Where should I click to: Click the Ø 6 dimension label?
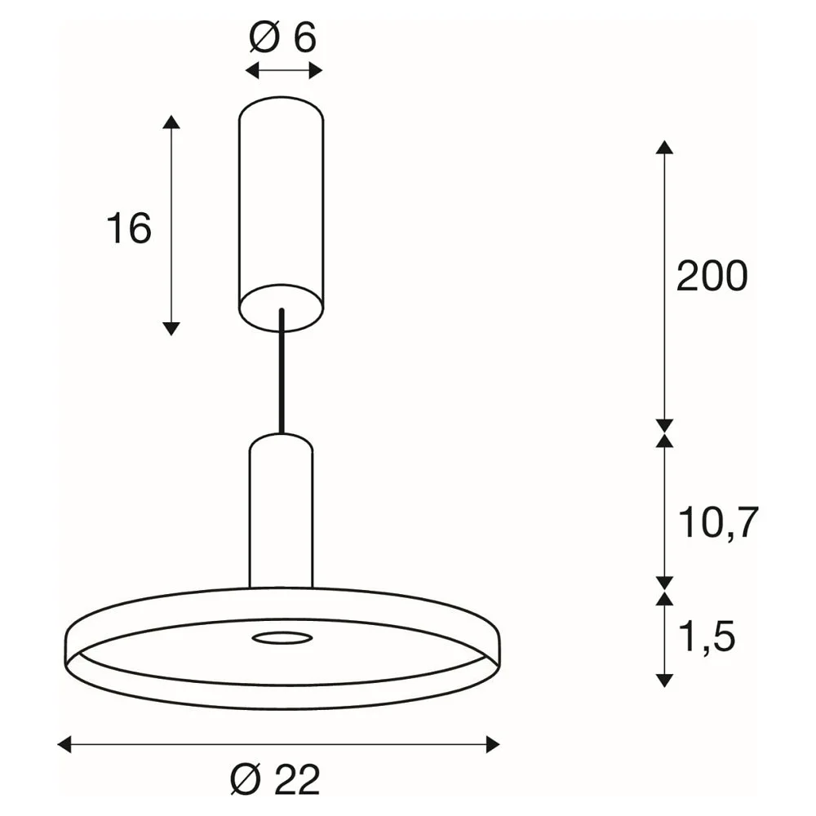coord(282,38)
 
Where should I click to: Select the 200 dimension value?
coord(712,276)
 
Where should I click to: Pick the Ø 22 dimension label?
coord(275,780)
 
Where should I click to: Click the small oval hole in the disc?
coord(282,637)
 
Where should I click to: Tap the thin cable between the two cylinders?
coord(282,371)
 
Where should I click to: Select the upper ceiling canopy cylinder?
coord(281,213)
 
